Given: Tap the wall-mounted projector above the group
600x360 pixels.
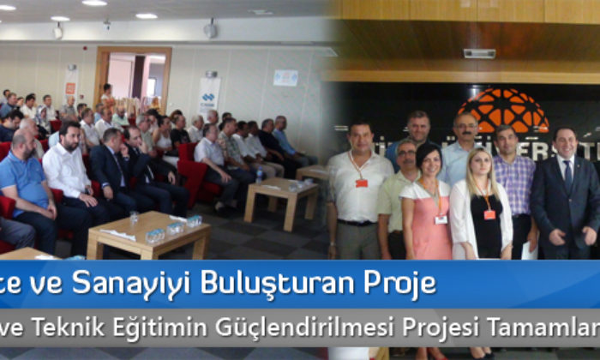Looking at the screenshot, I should [x=479, y=53].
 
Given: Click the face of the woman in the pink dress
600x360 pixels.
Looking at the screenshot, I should [x=429, y=161].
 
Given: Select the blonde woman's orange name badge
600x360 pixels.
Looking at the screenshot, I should [x=489, y=214].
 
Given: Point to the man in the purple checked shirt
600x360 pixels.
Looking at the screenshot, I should [x=515, y=184].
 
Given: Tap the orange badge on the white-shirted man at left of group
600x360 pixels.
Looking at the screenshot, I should [x=361, y=183].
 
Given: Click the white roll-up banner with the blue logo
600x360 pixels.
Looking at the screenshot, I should [x=209, y=96].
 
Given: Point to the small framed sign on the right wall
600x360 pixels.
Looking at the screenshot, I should [x=285, y=78].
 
